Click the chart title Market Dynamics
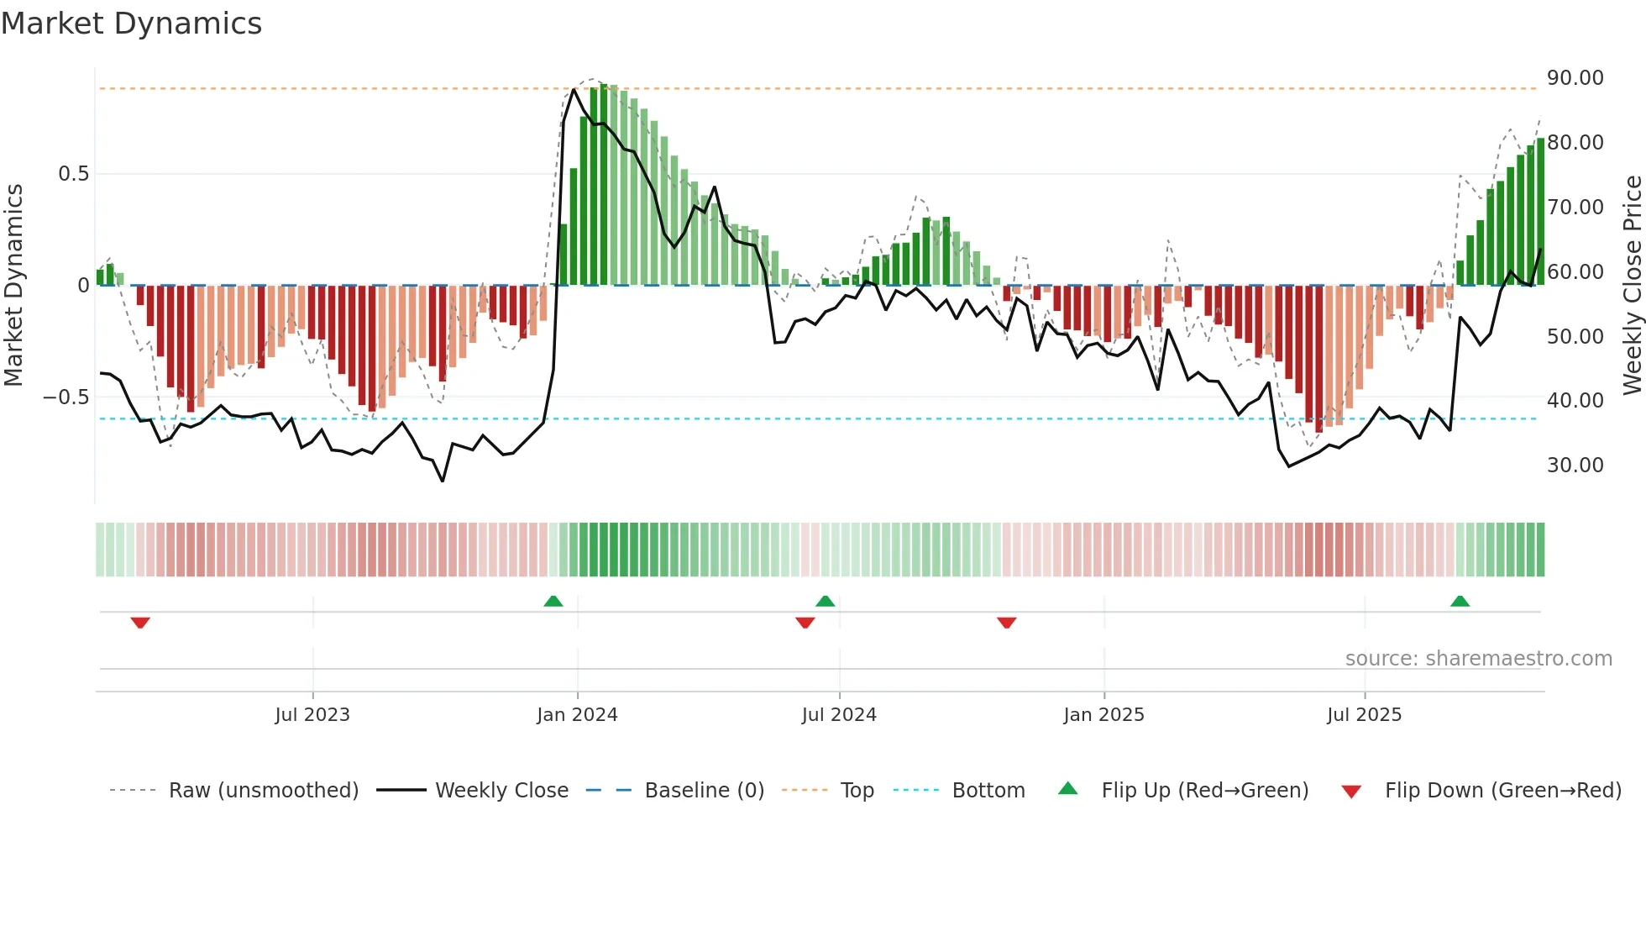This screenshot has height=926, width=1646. click(x=131, y=24)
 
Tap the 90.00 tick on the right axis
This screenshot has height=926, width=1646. click(x=1575, y=78)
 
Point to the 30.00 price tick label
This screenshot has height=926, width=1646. click(x=1575, y=466)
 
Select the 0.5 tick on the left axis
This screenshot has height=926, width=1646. click(x=73, y=174)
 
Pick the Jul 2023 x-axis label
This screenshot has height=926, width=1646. click(x=312, y=715)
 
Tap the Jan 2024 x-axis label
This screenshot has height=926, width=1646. click(x=577, y=715)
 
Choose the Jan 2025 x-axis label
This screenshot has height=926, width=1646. click(x=1103, y=715)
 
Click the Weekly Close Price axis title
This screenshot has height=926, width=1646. click(x=1632, y=285)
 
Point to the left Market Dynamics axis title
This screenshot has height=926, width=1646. click(x=13, y=285)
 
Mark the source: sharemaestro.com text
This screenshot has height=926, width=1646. click(x=1478, y=659)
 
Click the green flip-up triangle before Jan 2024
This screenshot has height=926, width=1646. click(x=553, y=602)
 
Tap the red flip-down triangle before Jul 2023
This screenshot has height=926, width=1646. click(x=140, y=623)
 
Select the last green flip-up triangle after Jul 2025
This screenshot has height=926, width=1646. click(x=1460, y=602)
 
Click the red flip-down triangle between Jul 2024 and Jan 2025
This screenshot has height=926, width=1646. click(x=1006, y=623)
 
